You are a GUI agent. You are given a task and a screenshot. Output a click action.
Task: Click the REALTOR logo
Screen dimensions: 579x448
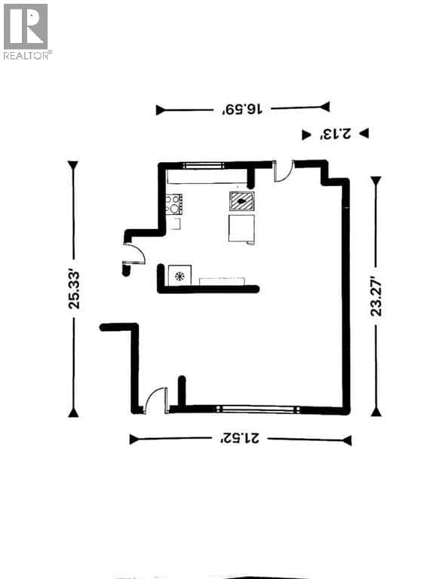click(x=26, y=31)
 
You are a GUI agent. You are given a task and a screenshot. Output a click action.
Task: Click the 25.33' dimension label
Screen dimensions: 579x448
click(x=73, y=289)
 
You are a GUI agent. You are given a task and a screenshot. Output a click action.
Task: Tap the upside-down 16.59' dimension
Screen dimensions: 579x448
click(x=242, y=109)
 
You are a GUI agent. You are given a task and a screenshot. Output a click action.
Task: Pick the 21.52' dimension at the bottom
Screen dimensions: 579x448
click(x=240, y=439)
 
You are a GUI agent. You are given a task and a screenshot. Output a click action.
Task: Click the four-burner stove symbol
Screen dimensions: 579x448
click(x=174, y=204)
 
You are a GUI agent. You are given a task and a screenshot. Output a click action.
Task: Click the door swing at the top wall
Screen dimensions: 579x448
click(x=284, y=172)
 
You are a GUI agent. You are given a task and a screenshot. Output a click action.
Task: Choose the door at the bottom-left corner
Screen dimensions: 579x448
click(x=156, y=400)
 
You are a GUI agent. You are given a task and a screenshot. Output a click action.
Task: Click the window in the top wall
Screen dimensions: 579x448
click(x=203, y=164)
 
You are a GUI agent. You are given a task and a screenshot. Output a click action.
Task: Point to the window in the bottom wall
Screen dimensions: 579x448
click(x=256, y=410)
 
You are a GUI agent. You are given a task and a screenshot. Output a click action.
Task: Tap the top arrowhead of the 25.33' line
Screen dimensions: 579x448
click(x=73, y=165)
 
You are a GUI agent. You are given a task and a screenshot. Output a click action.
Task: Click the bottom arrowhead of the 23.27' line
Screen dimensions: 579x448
click(x=376, y=412)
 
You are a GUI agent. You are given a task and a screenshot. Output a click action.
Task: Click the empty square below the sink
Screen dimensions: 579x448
click(x=242, y=228)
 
